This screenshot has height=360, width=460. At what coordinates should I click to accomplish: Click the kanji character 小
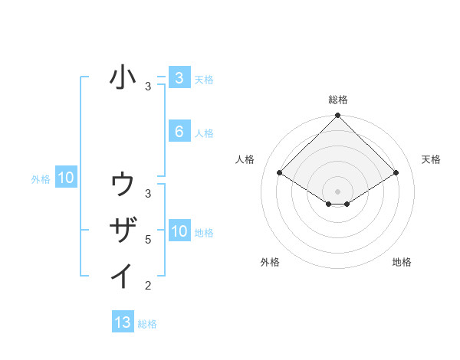pos(123,77)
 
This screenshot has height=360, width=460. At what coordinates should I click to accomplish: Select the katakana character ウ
pos(123,184)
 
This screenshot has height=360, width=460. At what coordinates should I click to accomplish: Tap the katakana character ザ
pos(123,229)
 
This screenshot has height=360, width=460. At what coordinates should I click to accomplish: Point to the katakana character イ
pos(123,275)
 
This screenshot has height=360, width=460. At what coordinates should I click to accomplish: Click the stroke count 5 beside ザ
pos(148,240)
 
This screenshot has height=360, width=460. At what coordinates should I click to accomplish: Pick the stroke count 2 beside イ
pos(148,286)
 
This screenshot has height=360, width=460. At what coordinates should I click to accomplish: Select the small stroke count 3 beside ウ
pos(148,193)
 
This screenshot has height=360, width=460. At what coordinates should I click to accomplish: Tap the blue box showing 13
pos(123,322)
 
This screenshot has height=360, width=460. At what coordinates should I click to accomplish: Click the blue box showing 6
pos(179,132)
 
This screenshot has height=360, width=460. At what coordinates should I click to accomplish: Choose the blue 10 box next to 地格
pos(179,231)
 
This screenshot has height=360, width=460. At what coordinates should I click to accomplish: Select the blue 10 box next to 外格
pos(65,178)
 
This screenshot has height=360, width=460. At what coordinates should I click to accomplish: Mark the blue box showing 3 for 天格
pos(179,77)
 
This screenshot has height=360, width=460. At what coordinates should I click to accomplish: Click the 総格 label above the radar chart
pos(338,100)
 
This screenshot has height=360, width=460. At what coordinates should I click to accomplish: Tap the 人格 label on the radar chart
pos(245,159)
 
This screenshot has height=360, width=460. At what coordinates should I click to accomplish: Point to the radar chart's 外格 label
pos(270,262)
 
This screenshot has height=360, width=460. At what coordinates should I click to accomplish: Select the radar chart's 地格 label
pos(402,262)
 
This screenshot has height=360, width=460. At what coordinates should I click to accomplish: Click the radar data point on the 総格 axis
pos(338,116)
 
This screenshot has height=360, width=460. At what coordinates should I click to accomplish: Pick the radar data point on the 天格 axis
pos(396,173)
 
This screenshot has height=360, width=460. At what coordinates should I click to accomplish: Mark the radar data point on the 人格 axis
pos(280,173)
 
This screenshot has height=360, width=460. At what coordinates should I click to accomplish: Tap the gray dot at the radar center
pos(338,191)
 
